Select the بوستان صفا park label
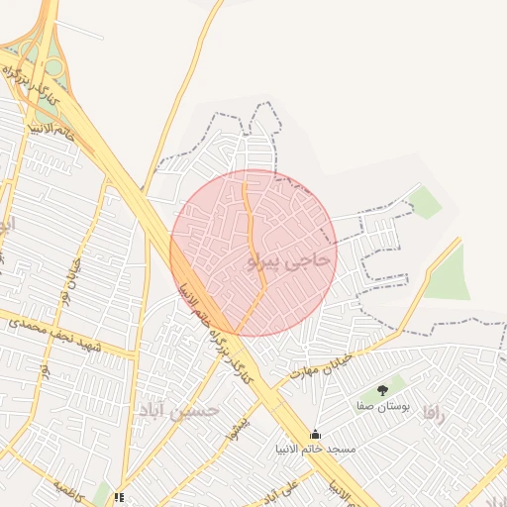click(x=383, y=406)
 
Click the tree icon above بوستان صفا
click(x=383, y=390)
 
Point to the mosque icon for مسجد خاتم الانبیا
click(x=315, y=434)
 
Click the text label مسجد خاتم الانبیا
click(x=315, y=449)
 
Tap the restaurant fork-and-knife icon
click(x=120, y=497)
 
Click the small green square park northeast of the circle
click(x=426, y=203)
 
